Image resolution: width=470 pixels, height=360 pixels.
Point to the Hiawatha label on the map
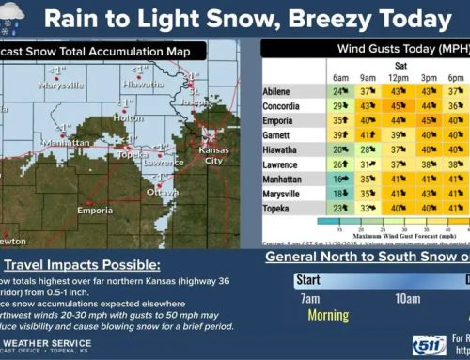pyautogui.click(x=143, y=83)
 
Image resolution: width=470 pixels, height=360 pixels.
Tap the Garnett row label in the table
pyautogui.click(x=280, y=134)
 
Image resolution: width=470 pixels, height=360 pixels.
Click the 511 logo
pyautogui.click(x=425, y=345)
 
